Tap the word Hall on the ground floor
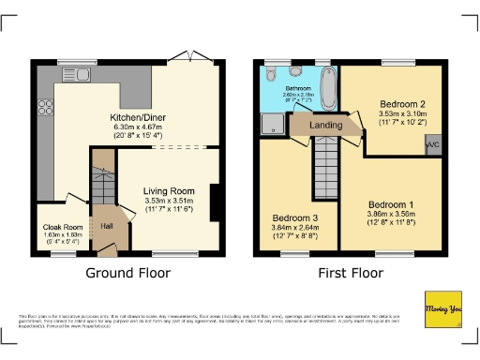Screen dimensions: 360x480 pos(107,226)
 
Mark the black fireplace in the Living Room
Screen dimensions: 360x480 pos(217,201)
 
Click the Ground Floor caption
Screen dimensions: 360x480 pos(128,274)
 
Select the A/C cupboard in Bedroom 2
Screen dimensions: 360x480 pos(432,146)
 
